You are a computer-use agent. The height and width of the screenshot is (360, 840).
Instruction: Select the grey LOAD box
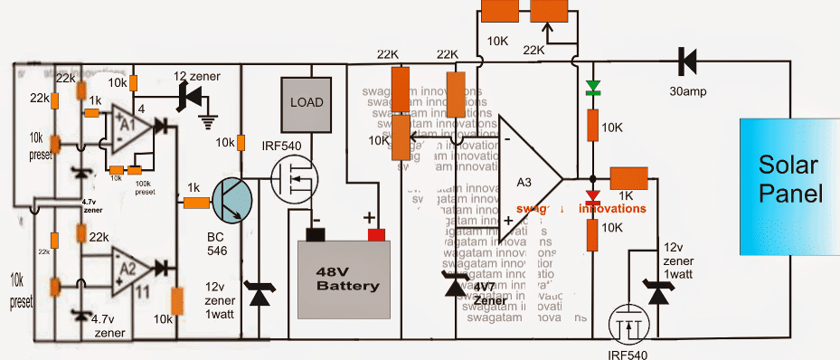pyautogui.click(x=306, y=102)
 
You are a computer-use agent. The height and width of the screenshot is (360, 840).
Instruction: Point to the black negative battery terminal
pyautogui.click(x=316, y=236)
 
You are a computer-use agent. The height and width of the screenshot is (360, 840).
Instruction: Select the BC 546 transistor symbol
pyautogui.click(x=234, y=202)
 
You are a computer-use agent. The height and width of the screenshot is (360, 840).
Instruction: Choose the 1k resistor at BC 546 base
pyautogui.click(x=195, y=203)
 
